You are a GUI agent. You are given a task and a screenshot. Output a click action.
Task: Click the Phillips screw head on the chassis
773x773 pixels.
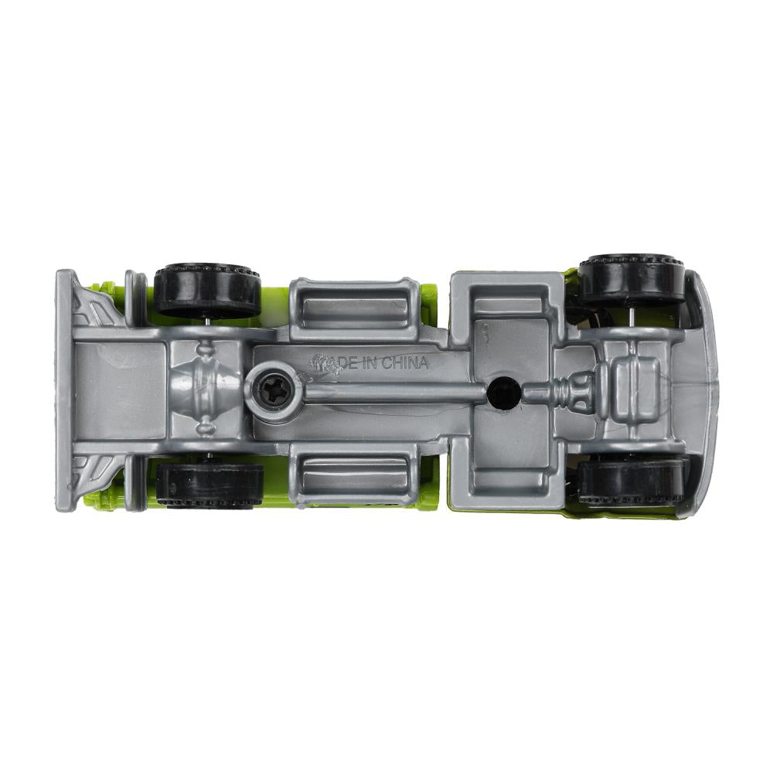[x=273, y=388]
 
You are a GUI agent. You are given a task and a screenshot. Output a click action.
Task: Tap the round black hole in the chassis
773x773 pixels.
[x=503, y=393]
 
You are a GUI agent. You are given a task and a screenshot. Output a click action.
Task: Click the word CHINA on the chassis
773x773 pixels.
[x=405, y=363]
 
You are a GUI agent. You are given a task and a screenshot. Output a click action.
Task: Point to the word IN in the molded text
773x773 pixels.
[x=370, y=364]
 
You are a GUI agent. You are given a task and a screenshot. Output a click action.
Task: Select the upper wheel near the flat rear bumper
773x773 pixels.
[x=207, y=291]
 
